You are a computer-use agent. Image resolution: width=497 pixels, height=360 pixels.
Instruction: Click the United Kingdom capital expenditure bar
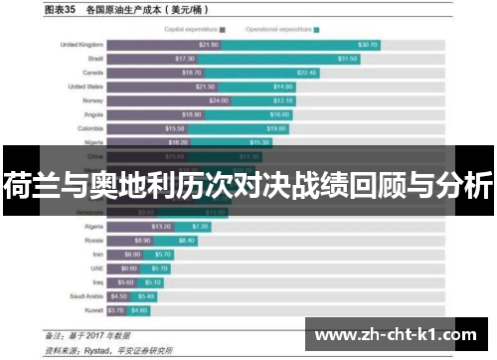coord(163,45)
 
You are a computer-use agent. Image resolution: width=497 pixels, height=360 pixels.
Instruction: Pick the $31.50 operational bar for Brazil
coord(298,59)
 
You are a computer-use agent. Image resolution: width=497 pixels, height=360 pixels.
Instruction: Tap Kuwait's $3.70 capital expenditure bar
coord(116,309)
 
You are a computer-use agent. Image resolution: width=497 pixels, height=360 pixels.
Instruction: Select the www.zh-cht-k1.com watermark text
coord(399,333)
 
